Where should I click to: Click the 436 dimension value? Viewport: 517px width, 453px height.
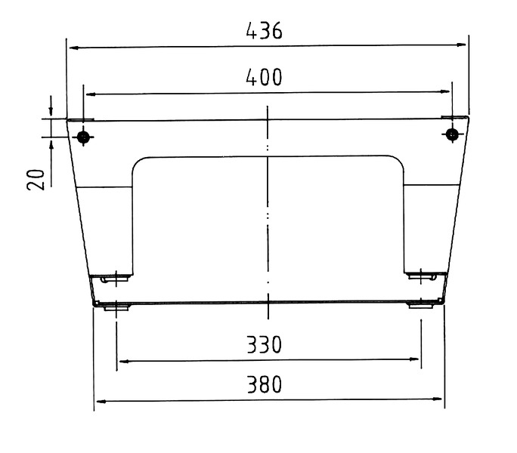(264, 31)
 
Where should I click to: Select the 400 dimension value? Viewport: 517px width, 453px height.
(264, 77)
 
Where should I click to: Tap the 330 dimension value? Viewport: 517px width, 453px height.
(264, 344)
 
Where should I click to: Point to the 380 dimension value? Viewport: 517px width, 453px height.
(265, 384)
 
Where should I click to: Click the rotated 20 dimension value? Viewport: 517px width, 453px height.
(36, 180)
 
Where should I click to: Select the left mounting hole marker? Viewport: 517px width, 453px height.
(83, 137)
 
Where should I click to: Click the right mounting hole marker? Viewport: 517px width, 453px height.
(452, 134)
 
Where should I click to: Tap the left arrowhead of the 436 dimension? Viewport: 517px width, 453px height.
(74, 48)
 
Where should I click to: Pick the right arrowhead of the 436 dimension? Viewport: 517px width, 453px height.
(461, 45)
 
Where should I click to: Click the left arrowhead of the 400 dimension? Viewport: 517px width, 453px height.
(91, 94)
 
